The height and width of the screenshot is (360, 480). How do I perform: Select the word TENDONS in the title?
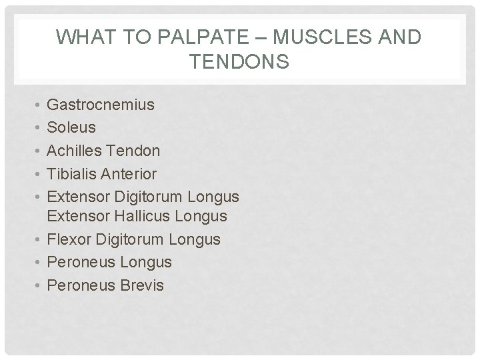[239, 62]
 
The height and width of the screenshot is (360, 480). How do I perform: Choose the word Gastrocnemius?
[101, 104]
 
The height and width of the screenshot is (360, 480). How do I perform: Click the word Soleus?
[72, 127]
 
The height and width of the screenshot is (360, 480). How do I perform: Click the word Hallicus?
[136, 217]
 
